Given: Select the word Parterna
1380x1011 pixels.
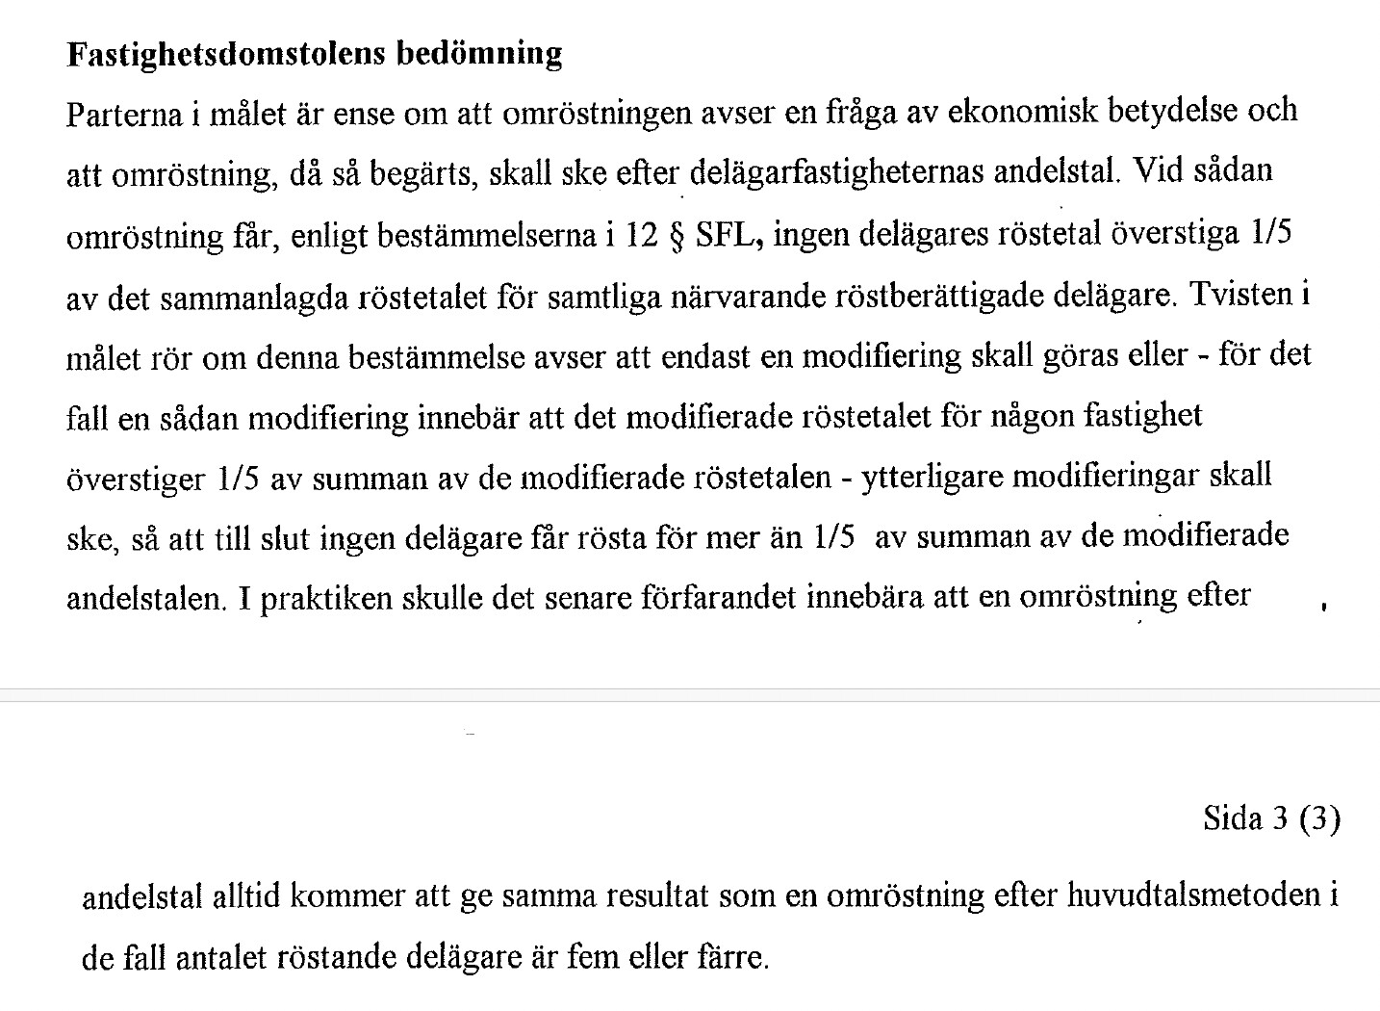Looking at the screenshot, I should coord(124,115).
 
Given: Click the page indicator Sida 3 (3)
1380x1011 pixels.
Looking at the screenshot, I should coord(1270,818).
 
